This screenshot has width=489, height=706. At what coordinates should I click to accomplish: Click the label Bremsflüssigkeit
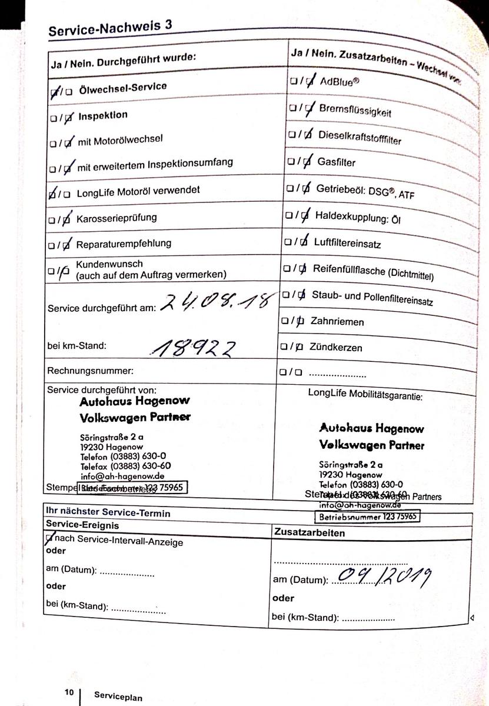coord(355,110)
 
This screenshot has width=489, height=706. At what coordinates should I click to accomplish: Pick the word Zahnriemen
coord(337,322)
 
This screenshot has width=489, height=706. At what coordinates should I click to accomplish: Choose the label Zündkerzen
coord(336,347)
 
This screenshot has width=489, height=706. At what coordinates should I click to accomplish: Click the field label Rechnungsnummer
coord(91,371)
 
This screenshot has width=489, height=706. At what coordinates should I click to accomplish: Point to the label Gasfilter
coord(337,162)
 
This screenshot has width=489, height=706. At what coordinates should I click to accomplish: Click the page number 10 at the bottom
coord(69,692)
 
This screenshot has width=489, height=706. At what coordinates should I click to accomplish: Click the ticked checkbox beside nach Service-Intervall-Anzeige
coord(49,538)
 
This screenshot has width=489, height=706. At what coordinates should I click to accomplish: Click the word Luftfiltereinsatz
coord(347,242)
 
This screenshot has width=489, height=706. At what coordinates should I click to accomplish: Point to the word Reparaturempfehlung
coord(124,244)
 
